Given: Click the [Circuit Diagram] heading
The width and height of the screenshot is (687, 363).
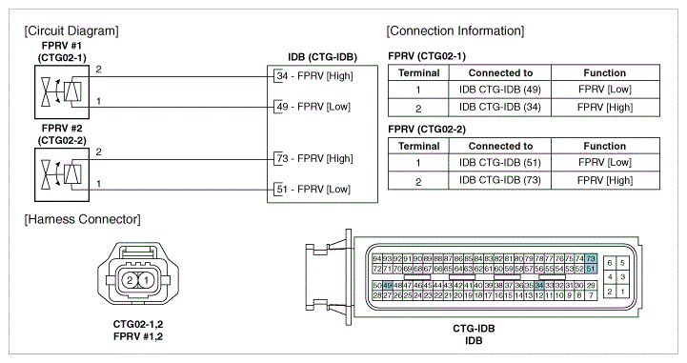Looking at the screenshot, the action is (x=71, y=31).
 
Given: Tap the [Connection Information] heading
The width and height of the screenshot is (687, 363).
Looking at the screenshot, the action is (x=455, y=31).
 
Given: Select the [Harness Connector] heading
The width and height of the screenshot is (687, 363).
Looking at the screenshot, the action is (x=82, y=219).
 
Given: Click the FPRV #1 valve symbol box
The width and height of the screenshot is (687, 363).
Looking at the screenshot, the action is (x=62, y=92).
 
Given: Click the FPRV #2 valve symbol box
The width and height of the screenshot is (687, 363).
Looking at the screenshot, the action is (x=62, y=174).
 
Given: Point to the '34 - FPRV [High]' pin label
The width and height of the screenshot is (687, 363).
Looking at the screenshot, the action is (x=314, y=76).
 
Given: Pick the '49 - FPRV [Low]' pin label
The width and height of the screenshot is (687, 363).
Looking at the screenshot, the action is (x=313, y=107).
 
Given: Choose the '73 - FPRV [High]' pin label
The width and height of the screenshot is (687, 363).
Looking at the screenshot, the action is (x=314, y=158).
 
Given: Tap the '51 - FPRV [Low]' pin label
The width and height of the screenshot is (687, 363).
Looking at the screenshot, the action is (x=313, y=190).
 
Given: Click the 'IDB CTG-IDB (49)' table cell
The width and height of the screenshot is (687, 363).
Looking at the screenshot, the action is (x=500, y=90).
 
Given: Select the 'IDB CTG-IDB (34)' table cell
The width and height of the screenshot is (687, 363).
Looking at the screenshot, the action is (x=500, y=108).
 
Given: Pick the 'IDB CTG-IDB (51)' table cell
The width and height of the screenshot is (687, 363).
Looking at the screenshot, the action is (x=500, y=163).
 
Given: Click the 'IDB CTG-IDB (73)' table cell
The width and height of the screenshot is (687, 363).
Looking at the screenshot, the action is (x=500, y=180).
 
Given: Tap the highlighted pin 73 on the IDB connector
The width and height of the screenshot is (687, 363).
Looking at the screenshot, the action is (x=591, y=259).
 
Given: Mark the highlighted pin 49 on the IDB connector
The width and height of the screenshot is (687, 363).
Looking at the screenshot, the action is (x=387, y=286).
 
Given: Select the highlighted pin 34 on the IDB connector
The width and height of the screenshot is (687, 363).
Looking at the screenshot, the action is (x=539, y=286).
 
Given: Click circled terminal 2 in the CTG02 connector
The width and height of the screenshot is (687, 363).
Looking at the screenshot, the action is (x=130, y=280).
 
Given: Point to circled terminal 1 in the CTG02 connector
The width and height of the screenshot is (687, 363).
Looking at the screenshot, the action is (x=147, y=280).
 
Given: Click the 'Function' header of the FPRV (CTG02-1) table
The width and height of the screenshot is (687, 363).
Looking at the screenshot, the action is (x=605, y=73).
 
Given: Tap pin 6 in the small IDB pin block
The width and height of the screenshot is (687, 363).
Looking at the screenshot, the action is (x=610, y=263).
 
